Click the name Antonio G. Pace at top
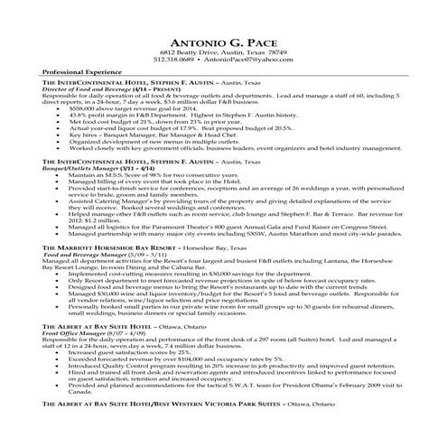click(223, 42)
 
